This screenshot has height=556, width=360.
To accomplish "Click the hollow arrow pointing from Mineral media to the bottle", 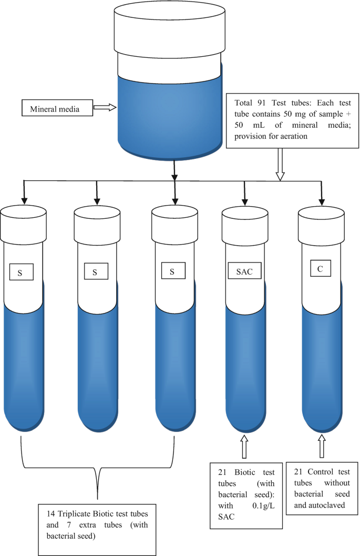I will click(104, 108).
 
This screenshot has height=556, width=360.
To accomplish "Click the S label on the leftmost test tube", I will click(22, 272).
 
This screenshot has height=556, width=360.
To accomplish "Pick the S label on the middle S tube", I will click(96, 272).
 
